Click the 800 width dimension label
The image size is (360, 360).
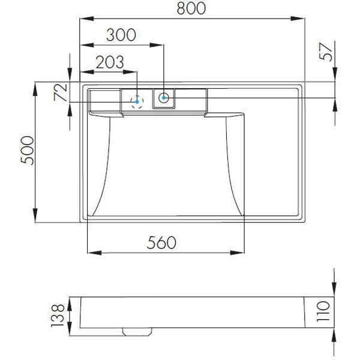click(191, 8)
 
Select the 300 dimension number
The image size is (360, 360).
click(121, 35)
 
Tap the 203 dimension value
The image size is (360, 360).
click(110, 62)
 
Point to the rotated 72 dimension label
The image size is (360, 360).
click(60, 92)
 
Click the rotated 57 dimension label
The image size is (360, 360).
click(326, 52)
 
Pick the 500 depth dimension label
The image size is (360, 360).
click(27, 151)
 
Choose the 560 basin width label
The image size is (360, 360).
click(161, 242)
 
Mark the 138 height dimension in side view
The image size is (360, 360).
click(57, 316)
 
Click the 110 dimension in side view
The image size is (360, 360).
click(323, 311)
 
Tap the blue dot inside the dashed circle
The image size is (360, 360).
click(137, 102)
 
